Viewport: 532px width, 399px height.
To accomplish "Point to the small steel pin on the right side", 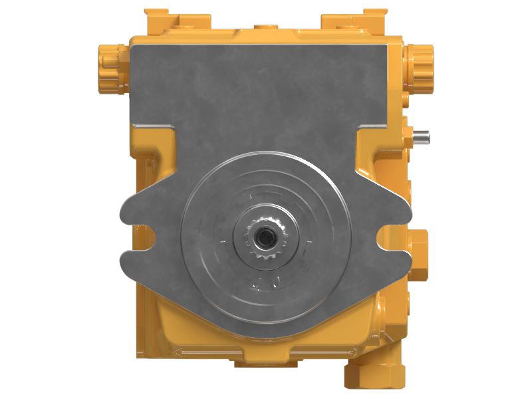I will coord(421,137).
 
